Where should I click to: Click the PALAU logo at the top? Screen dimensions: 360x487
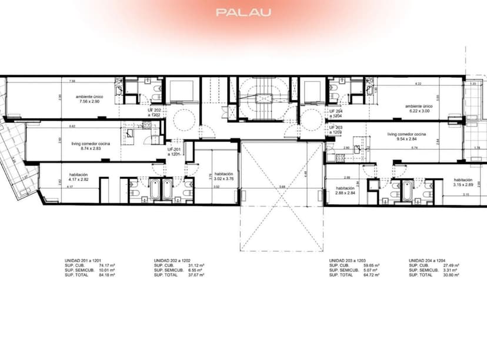pyautogui.click(x=243, y=12)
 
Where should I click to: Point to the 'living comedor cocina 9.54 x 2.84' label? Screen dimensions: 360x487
pyautogui.click(x=407, y=137)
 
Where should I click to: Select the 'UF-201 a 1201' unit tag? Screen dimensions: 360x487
pyautogui.click(x=174, y=152)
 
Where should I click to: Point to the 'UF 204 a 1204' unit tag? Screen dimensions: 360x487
pyautogui.click(x=335, y=113)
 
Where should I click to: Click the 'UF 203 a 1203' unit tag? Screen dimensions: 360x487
pyautogui.click(x=335, y=129)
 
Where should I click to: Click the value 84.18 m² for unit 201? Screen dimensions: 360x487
pyautogui.click(x=107, y=275)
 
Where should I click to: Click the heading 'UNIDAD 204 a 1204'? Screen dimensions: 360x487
pyautogui.click(x=430, y=260)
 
